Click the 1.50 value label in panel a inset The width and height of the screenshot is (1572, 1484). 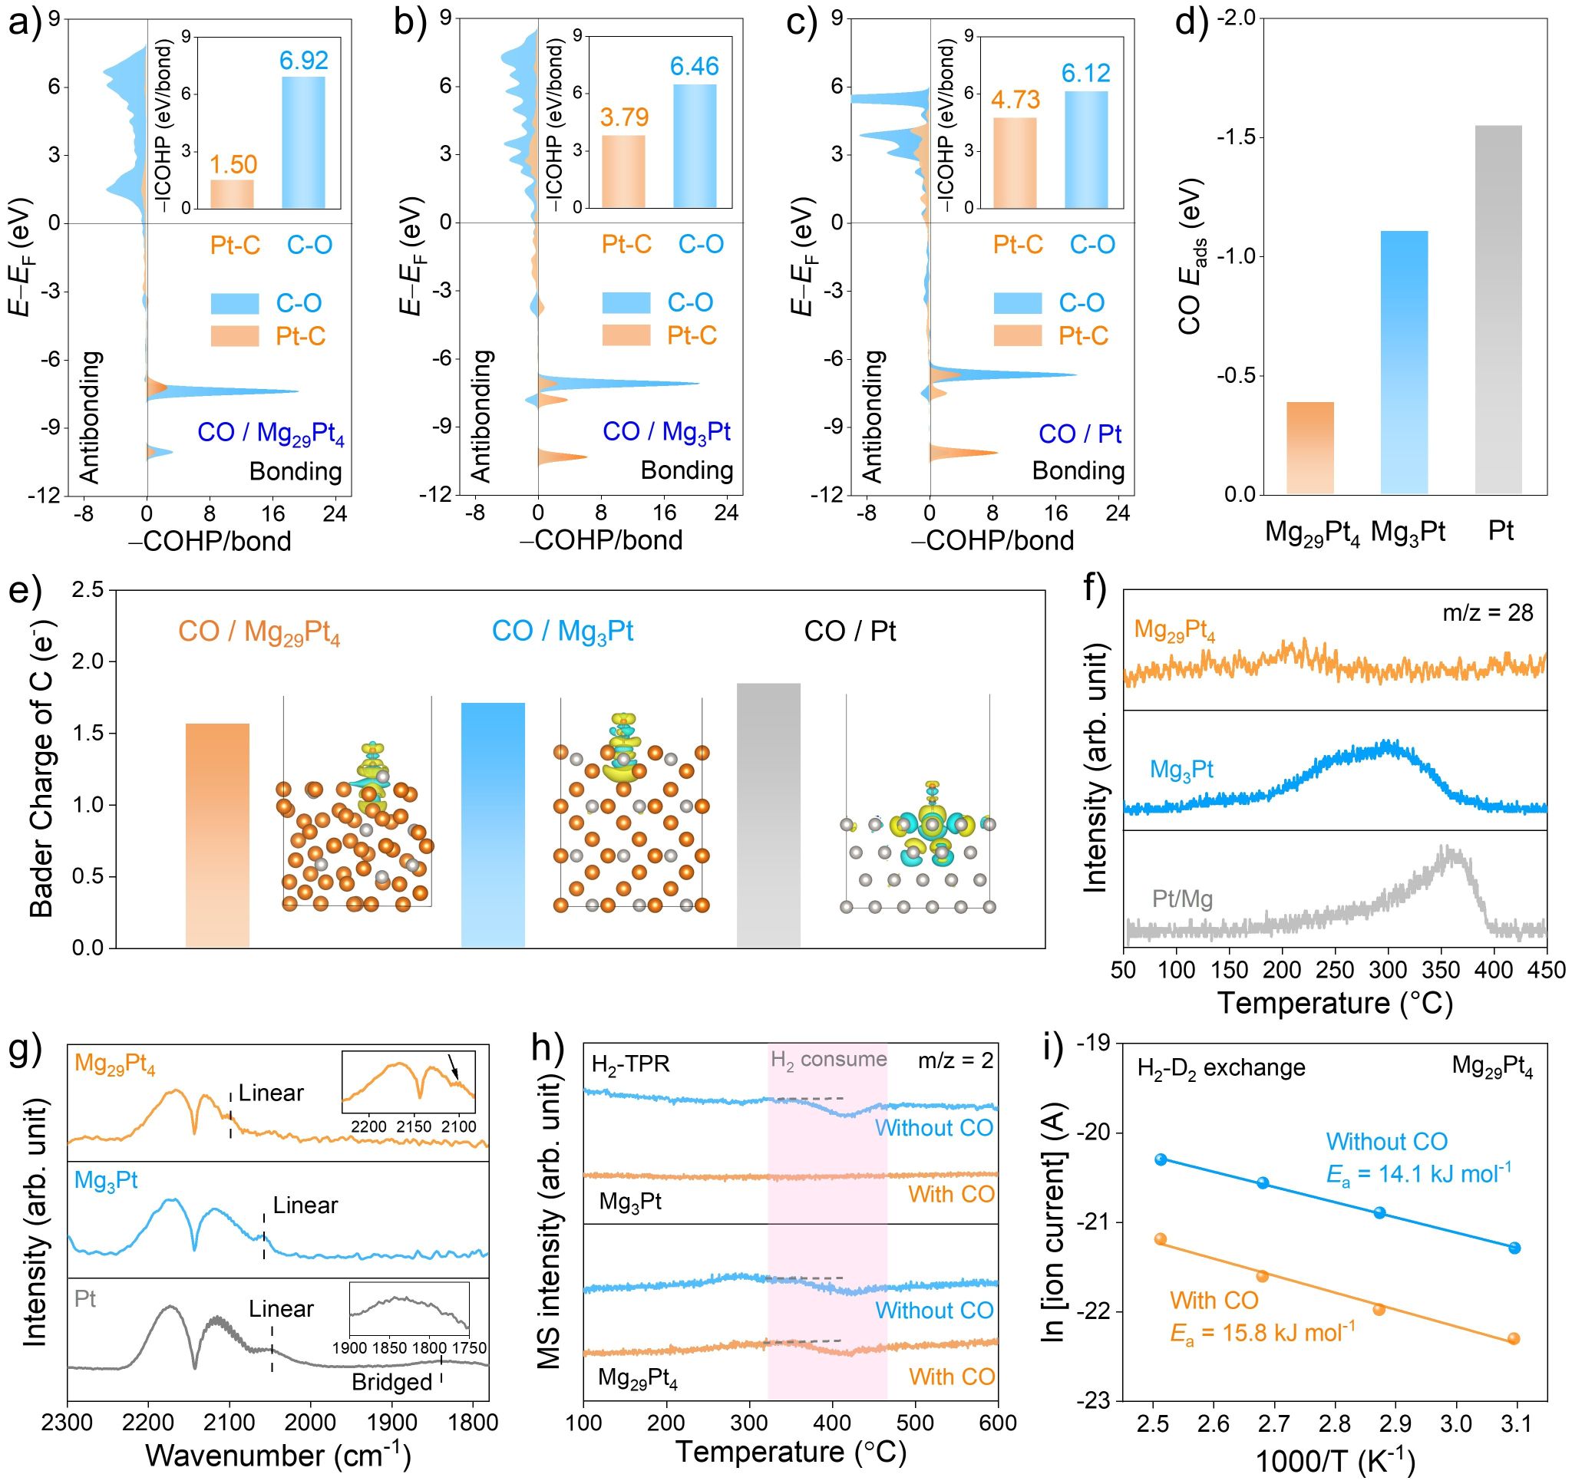pyautogui.click(x=233, y=164)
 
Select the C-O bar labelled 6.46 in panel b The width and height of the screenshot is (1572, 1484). pyautogui.click(x=695, y=147)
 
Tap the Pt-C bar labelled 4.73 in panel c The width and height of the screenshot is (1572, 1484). pyautogui.click(x=1014, y=163)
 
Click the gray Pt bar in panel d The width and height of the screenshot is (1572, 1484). pyautogui.click(x=1498, y=309)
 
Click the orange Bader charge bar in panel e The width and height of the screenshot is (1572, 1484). pyautogui.click(x=216, y=835)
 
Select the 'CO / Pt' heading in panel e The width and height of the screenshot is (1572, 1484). pyautogui.click(x=850, y=632)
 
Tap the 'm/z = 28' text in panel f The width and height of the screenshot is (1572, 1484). pyautogui.click(x=1488, y=612)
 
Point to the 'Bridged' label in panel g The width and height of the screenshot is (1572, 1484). pyautogui.click(x=391, y=1382)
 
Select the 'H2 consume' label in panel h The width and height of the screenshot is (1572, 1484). pyautogui.click(x=828, y=1059)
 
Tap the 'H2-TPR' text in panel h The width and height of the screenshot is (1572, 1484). pyautogui.click(x=630, y=1064)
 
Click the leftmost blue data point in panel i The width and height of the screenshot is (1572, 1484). pyautogui.click(x=1161, y=1159)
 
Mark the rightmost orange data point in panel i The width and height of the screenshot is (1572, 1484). pyautogui.click(x=1514, y=1338)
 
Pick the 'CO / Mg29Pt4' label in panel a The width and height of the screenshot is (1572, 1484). pyautogui.click(x=270, y=434)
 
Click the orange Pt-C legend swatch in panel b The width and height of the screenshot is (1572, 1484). pyautogui.click(x=626, y=335)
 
